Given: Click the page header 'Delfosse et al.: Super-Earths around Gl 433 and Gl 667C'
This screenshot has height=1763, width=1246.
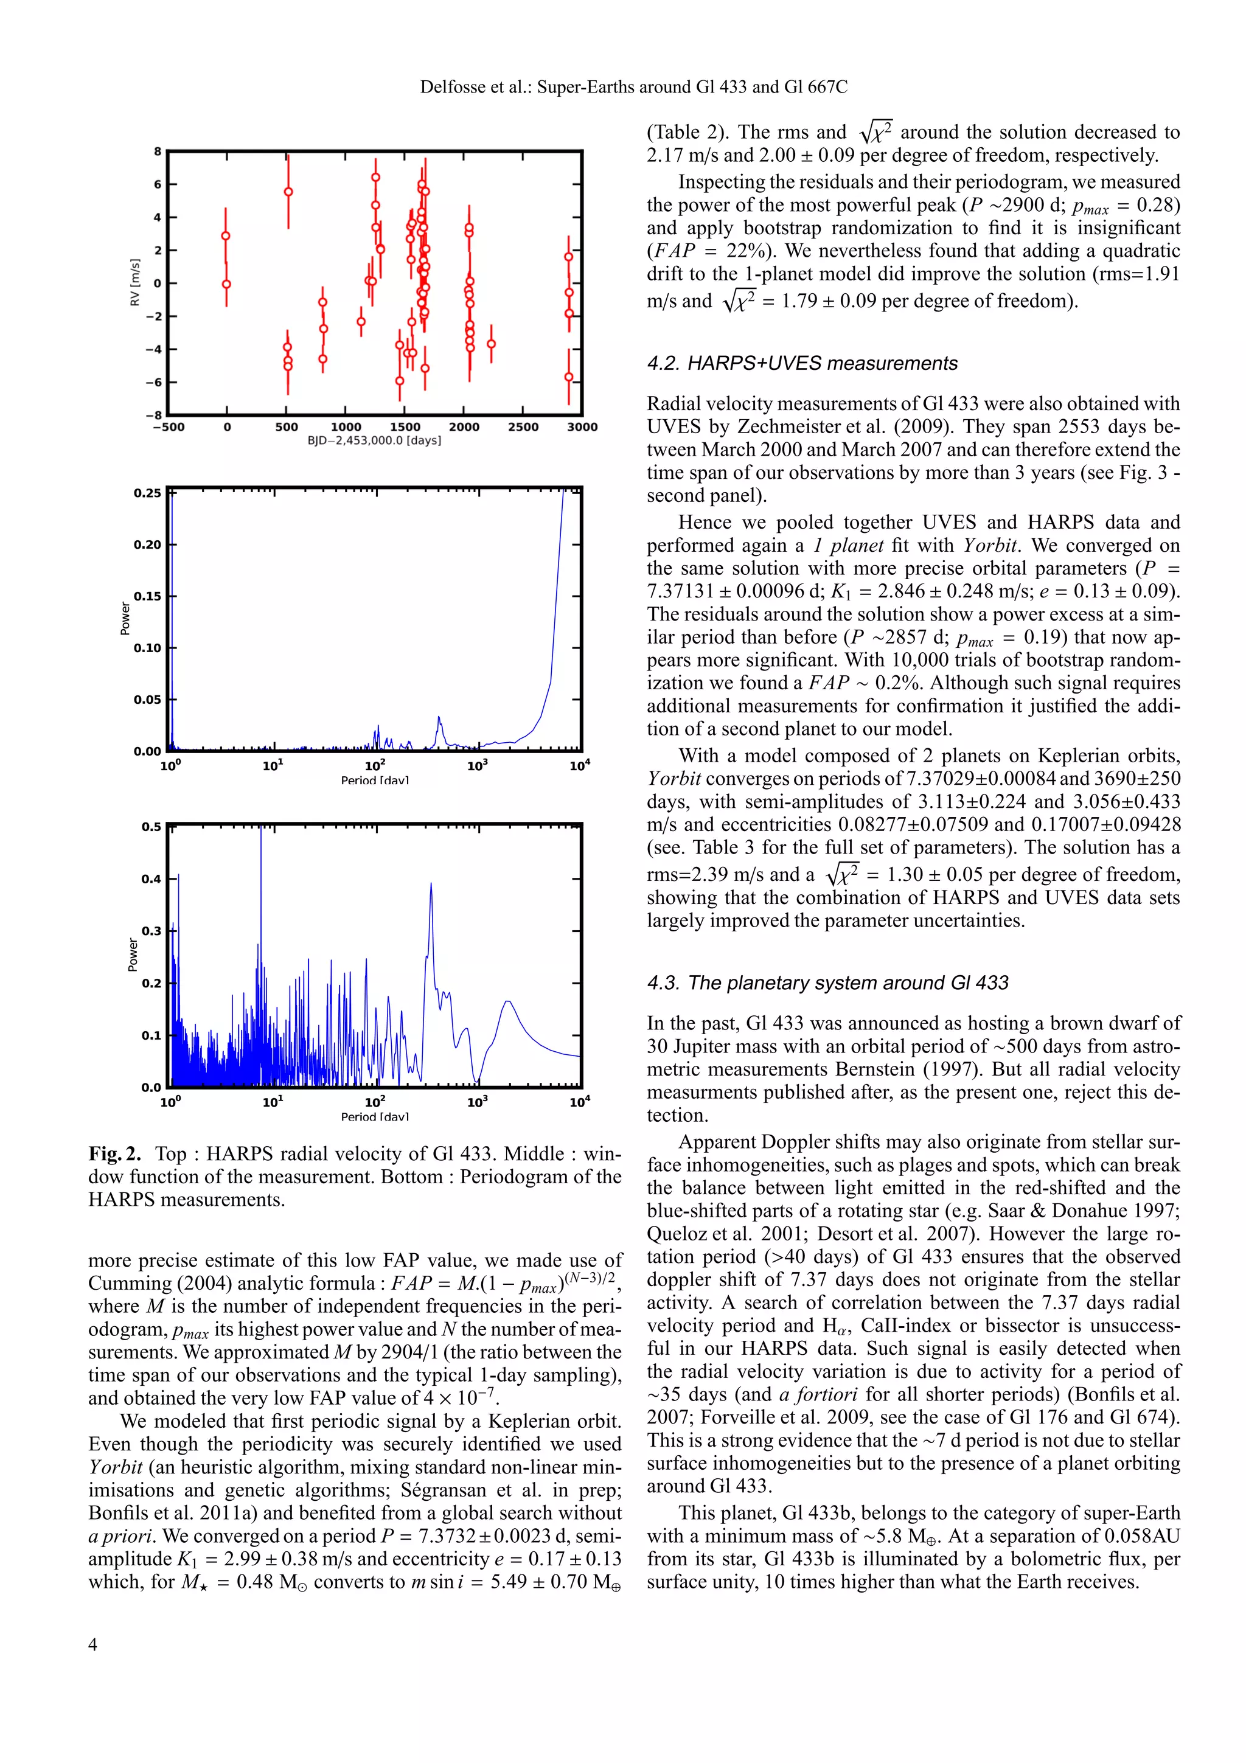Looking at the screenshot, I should [633, 88].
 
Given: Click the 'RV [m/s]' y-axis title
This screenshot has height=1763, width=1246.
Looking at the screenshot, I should [135, 282].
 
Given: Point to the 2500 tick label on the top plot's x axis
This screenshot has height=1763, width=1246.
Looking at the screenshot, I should [523, 427].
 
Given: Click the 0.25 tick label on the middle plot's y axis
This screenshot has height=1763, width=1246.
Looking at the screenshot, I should [147, 493].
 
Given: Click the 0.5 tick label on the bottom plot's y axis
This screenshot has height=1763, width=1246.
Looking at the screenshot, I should [151, 827].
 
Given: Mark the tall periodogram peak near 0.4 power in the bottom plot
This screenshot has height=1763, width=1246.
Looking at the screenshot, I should [431, 885].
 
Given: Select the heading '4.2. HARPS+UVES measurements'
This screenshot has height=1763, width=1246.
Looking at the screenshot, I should [802, 363].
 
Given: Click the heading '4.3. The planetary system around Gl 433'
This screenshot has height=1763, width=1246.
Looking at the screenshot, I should [827, 983].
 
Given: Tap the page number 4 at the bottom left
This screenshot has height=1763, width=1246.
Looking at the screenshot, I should [93, 1644].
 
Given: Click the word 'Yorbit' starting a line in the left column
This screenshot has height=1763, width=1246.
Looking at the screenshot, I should [115, 1467].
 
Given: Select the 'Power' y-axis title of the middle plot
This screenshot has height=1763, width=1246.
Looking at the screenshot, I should [125, 619].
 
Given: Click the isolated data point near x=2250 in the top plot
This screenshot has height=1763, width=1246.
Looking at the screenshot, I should [492, 344].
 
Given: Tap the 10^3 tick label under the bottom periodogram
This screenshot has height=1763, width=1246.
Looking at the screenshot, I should [477, 1103].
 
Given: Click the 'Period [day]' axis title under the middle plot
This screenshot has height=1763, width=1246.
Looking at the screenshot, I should [375, 780].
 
